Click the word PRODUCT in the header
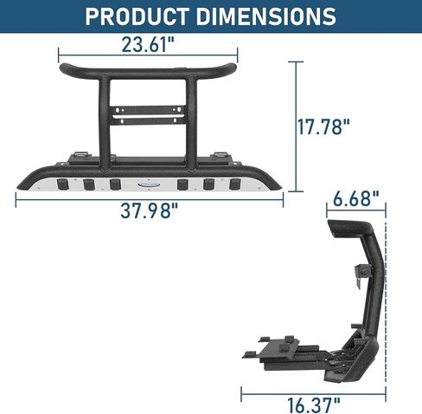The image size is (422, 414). point(137,16)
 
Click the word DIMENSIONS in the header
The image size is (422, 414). point(266,16)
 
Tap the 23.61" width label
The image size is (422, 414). point(148,44)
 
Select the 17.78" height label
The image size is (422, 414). point(323,126)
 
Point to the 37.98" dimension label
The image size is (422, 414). point(149,210)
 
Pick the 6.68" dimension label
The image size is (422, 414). point(356,198)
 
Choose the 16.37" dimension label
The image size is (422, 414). point(314,405)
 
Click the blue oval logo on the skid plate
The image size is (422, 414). point(149,184)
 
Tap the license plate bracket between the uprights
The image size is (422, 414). point(148,115)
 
